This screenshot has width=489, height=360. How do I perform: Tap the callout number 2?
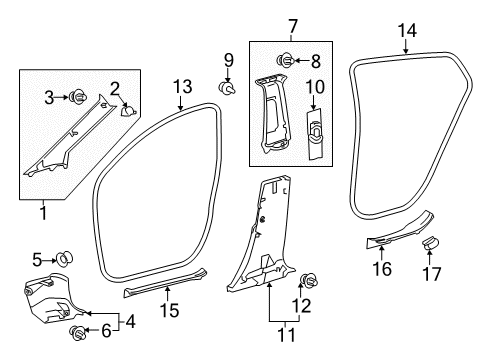tap(115, 89)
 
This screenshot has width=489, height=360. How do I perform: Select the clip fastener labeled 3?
tap(76, 97)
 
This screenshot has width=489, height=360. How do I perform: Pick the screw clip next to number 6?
tap(76, 331)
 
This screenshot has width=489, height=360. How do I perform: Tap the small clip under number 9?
tap(229, 88)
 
